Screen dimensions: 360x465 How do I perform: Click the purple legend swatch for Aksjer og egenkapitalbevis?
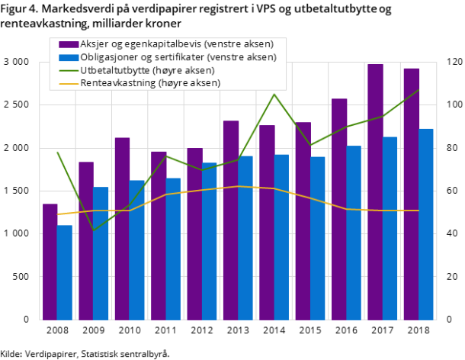[68, 44]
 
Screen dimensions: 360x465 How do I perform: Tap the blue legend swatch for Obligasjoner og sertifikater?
[68, 57]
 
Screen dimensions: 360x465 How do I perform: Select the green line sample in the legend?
[68, 70]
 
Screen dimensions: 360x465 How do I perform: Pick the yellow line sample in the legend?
[68, 83]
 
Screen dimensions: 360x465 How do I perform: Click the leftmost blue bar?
[65, 272]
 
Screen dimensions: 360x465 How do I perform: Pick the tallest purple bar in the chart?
[375, 191]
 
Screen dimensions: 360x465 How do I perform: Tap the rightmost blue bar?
[426, 224]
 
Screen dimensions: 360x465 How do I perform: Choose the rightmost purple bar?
[412, 194]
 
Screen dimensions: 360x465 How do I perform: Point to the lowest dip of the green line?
[93, 230]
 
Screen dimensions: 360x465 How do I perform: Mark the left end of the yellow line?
[57, 214]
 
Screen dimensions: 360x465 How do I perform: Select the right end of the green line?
[418, 90]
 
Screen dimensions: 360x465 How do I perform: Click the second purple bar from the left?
[86, 240]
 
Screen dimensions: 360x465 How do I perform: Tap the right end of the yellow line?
[418, 211]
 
